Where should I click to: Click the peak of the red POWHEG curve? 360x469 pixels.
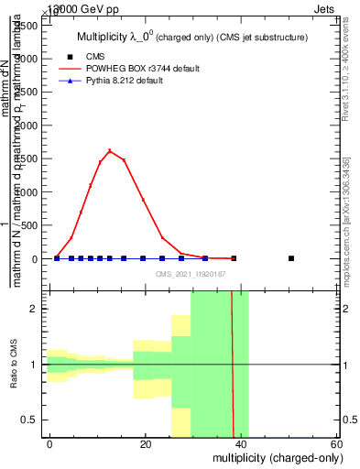[x=110, y=150]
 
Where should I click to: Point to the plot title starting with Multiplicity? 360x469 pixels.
[x=190, y=37]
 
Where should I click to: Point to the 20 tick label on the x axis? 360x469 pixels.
[x=146, y=444]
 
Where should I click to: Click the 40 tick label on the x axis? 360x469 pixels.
[x=241, y=444]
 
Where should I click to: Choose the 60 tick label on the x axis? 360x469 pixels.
[x=336, y=444]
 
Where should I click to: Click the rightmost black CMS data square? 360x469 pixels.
[x=291, y=258]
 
